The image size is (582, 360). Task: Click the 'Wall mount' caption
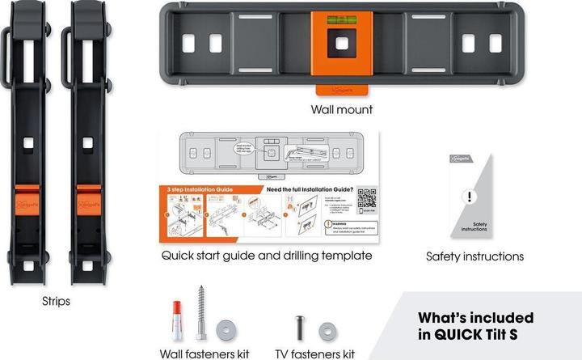point(341,109)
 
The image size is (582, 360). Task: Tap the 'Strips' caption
point(56,302)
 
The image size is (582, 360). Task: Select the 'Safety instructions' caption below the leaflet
point(474,256)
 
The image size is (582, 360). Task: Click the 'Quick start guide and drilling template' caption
point(267,256)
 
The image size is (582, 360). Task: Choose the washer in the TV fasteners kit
point(327,330)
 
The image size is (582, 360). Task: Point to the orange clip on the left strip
point(26,198)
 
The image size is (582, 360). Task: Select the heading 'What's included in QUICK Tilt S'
point(474,326)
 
